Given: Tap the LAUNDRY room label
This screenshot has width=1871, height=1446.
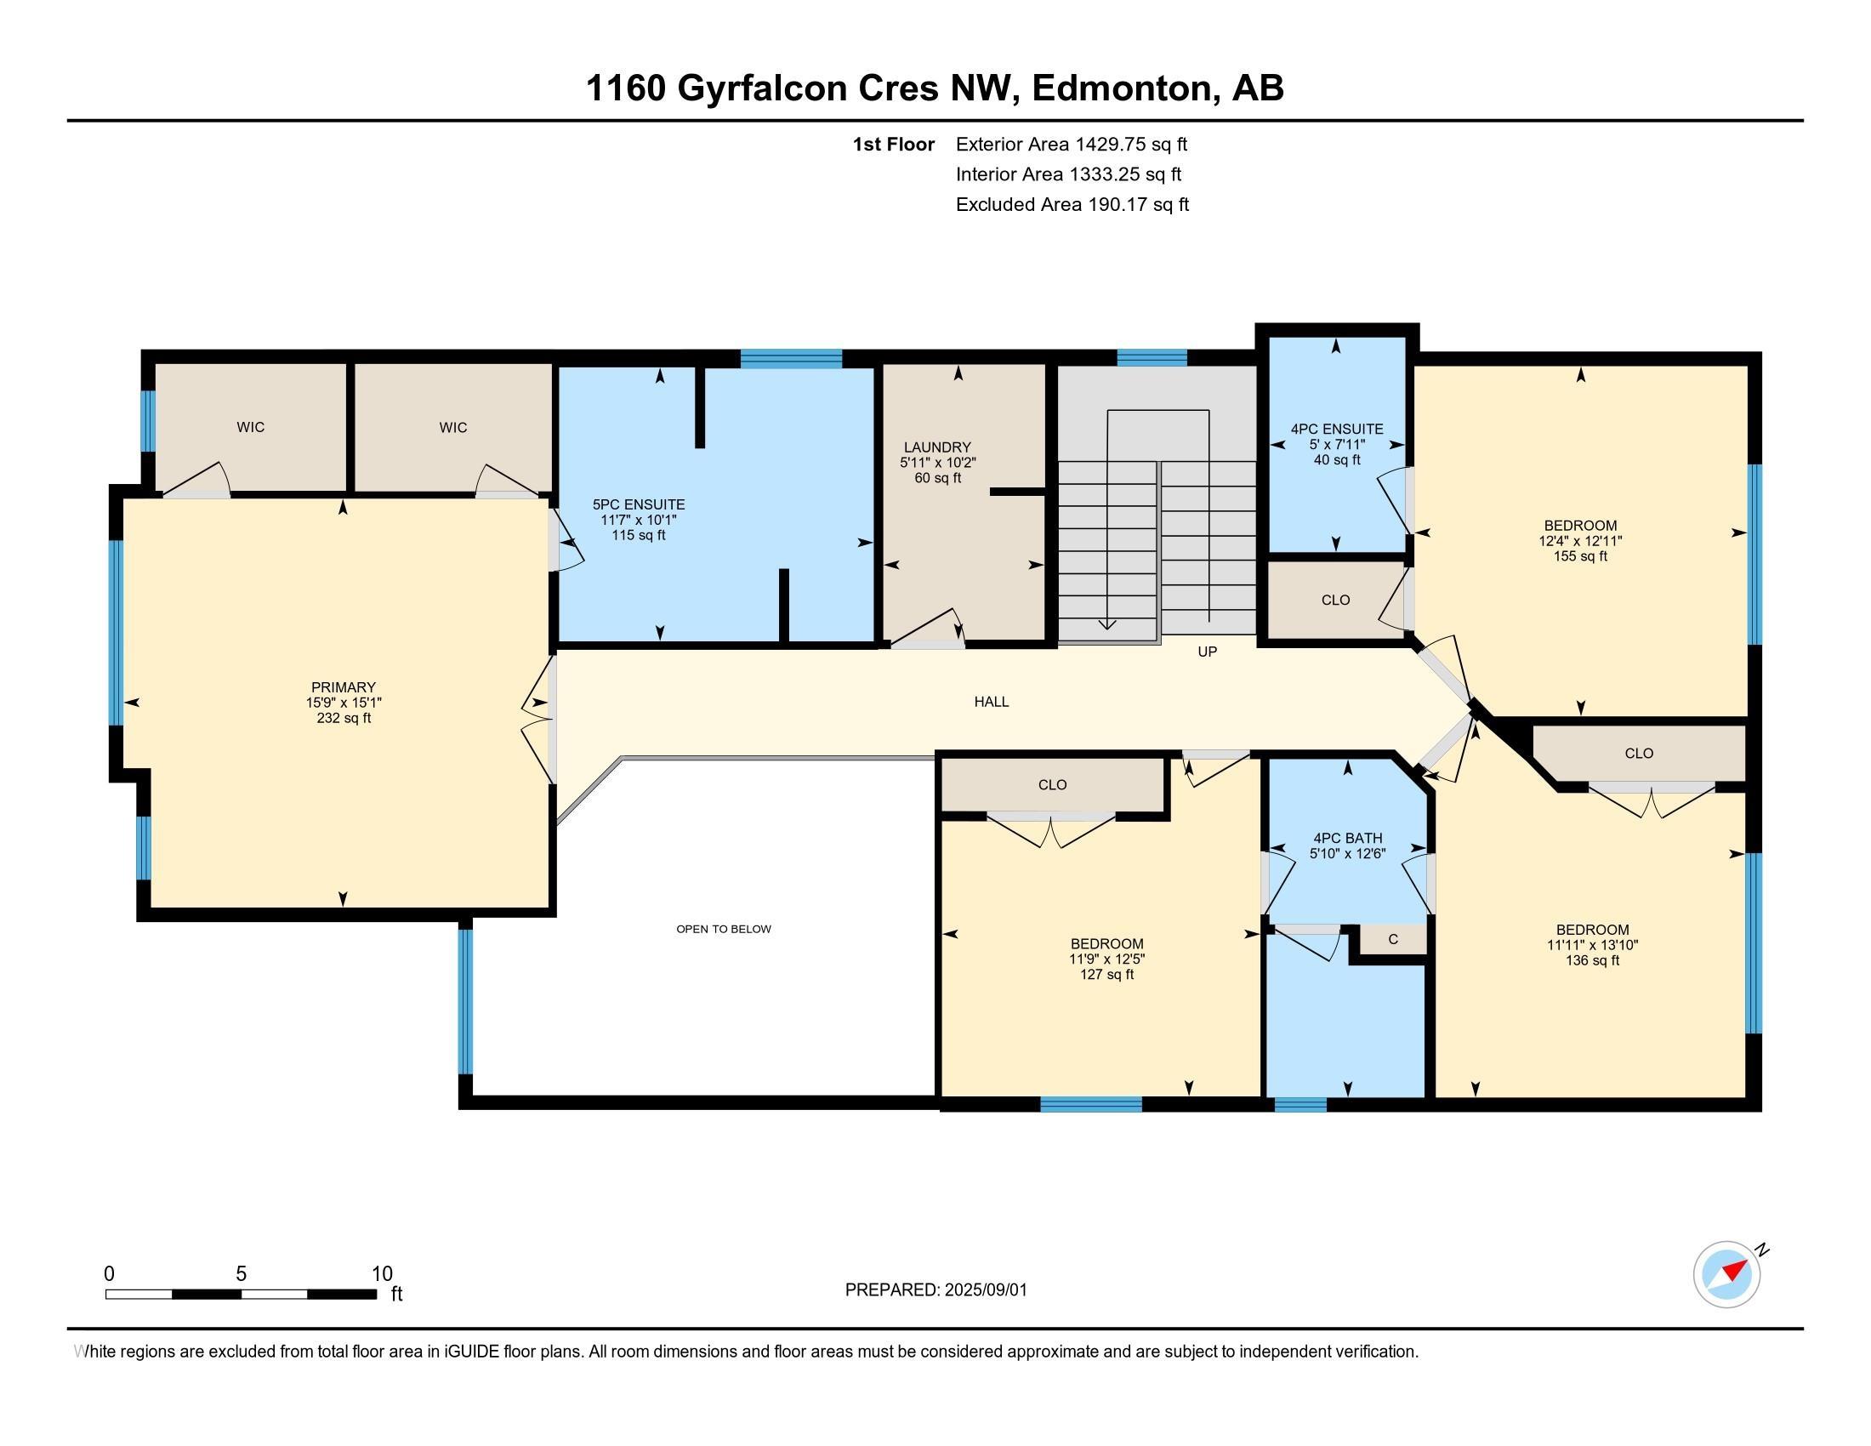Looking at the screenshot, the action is click(937, 447).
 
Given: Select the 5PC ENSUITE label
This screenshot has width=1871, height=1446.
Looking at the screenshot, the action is click(639, 504).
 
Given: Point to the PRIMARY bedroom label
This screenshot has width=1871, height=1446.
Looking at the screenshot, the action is click(344, 687).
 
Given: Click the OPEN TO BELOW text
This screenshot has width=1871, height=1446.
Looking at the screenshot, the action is click(724, 929).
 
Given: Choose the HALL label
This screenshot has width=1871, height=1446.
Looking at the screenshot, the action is click(991, 702).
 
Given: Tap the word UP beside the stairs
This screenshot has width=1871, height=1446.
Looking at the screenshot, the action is click(1207, 652).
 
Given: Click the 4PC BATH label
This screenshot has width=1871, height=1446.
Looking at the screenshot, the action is click(1348, 838).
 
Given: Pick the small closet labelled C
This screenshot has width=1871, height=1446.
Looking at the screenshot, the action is click(1393, 939).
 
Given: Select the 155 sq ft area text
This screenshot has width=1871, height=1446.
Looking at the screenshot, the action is click(1581, 556).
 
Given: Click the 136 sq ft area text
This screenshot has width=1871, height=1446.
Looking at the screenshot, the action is click(1593, 960).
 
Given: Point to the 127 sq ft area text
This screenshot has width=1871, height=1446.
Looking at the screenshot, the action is click(1106, 974).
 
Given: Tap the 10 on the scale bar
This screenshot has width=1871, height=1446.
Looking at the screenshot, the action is click(382, 1274).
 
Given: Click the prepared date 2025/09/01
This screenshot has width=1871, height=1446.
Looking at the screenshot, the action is click(986, 1289).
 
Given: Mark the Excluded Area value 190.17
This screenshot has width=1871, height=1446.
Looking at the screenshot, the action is click(1117, 204).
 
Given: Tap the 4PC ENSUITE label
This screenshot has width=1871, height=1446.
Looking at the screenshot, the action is click(1337, 430).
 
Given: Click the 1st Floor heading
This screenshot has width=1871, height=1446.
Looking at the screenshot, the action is click(894, 144).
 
